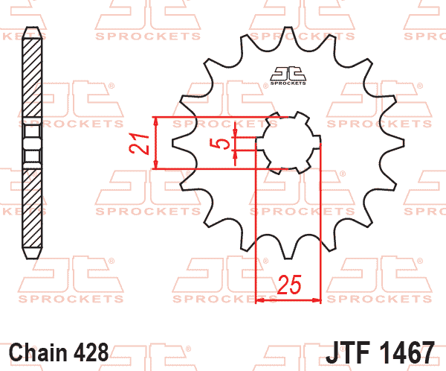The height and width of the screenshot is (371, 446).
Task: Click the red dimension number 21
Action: click(x=139, y=144)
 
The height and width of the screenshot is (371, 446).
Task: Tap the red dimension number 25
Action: click(x=289, y=285)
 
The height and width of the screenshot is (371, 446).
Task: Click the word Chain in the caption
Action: click(x=38, y=352)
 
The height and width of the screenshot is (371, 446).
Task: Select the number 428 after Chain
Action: click(x=91, y=352)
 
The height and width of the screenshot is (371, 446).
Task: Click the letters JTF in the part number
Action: click(x=348, y=352)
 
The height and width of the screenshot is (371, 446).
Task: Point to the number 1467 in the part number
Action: click(x=407, y=352)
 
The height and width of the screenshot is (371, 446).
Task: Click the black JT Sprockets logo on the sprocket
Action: click(x=288, y=75)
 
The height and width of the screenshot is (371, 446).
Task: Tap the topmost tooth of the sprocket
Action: click(x=288, y=34)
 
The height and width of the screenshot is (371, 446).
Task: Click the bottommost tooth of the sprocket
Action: click(x=288, y=251)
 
